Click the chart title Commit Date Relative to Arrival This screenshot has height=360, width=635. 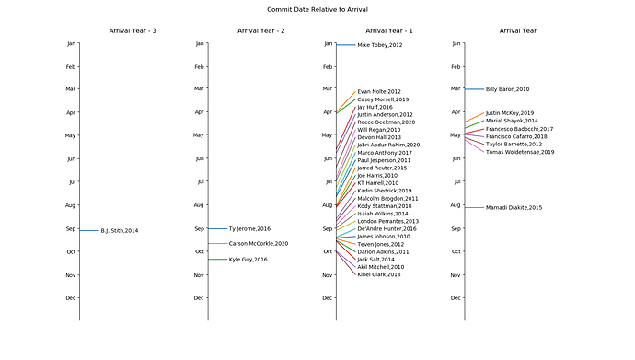click(x=317, y=9)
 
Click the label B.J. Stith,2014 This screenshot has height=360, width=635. click(x=121, y=230)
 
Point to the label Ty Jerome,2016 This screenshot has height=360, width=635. click(x=249, y=228)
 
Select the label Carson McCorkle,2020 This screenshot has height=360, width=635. click(x=259, y=244)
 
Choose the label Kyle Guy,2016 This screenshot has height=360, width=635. click(x=248, y=260)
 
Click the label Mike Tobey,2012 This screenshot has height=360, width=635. click(x=379, y=45)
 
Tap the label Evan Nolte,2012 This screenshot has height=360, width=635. click(x=378, y=92)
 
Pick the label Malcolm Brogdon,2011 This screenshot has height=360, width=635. click(x=387, y=198)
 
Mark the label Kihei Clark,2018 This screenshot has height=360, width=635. click(x=378, y=274)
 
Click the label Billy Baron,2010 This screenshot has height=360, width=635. click(x=507, y=89)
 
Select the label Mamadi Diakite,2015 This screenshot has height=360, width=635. click(x=514, y=208)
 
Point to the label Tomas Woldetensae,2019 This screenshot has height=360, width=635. click(x=520, y=152)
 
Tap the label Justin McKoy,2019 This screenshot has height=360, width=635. click(x=509, y=113)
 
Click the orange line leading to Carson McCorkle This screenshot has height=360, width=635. click(x=217, y=244)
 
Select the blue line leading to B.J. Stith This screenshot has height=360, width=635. click(x=88, y=230)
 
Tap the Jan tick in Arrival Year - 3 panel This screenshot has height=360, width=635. click(x=72, y=43)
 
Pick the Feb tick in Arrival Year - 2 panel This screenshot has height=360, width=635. click(x=199, y=66)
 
